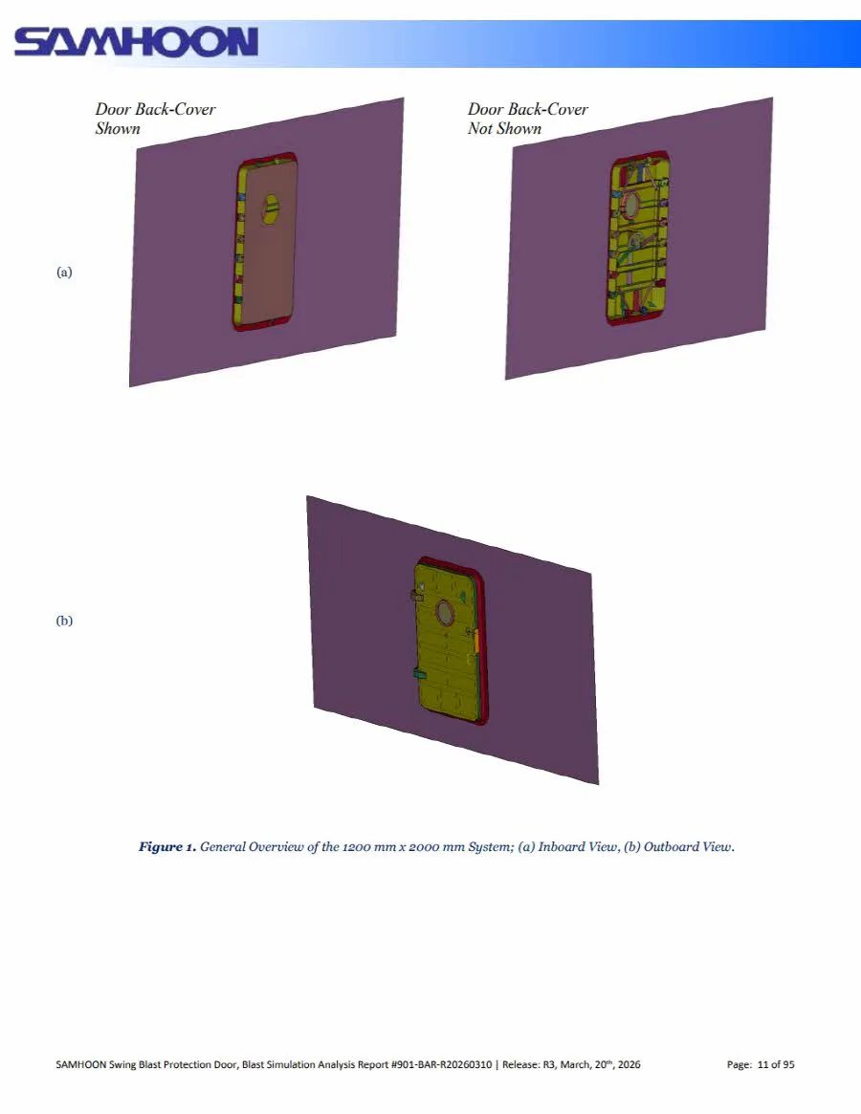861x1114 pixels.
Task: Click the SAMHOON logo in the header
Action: click(136, 43)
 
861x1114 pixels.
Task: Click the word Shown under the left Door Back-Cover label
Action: click(118, 128)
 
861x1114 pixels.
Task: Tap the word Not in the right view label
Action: click(480, 128)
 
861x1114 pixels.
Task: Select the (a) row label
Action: click(64, 273)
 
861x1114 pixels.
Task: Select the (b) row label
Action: click(64, 621)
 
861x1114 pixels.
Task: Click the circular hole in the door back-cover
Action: click(270, 208)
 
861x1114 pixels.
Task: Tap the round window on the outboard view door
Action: click(445, 612)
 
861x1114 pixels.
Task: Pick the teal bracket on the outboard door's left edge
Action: click(418, 672)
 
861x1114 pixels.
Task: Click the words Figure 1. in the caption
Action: click(167, 846)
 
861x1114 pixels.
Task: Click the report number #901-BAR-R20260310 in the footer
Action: click(442, 1064)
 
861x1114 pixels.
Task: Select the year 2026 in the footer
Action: click(629, 1064)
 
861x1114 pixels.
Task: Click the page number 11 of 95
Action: click(776, 1064)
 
